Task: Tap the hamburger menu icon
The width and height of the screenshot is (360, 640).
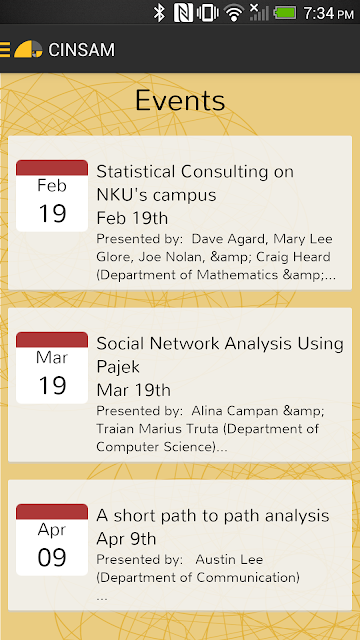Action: tap(5, 49)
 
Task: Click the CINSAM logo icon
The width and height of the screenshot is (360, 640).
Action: tap(28, 49)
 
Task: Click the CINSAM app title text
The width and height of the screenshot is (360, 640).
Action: tap(82, 50)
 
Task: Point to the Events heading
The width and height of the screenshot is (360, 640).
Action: tap(180, 100)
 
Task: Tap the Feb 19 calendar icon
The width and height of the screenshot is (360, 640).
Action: tap(52, 196)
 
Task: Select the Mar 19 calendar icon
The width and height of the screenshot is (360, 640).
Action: tap(52, 368)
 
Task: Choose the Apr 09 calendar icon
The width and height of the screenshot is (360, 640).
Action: tap(52, 540)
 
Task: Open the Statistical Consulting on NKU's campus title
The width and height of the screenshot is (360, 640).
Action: tap(195, 183)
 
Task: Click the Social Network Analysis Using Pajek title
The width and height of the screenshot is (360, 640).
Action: tap(220, 355)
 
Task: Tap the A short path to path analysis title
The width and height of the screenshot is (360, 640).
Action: tap(213, 516)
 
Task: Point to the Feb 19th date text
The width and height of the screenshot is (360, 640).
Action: tap(132, 218)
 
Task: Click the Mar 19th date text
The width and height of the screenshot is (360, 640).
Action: tap(133, 391)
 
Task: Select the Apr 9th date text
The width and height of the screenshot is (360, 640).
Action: tap(126, 539)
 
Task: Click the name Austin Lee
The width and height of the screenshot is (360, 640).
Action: tap(229, 560)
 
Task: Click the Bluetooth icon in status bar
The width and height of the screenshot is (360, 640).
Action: tap(159, 13)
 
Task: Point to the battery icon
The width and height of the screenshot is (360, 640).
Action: tap(285, 13)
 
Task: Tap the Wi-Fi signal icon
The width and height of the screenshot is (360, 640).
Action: tap(234, 13)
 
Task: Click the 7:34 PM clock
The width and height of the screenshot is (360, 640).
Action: tap(328, 13)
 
